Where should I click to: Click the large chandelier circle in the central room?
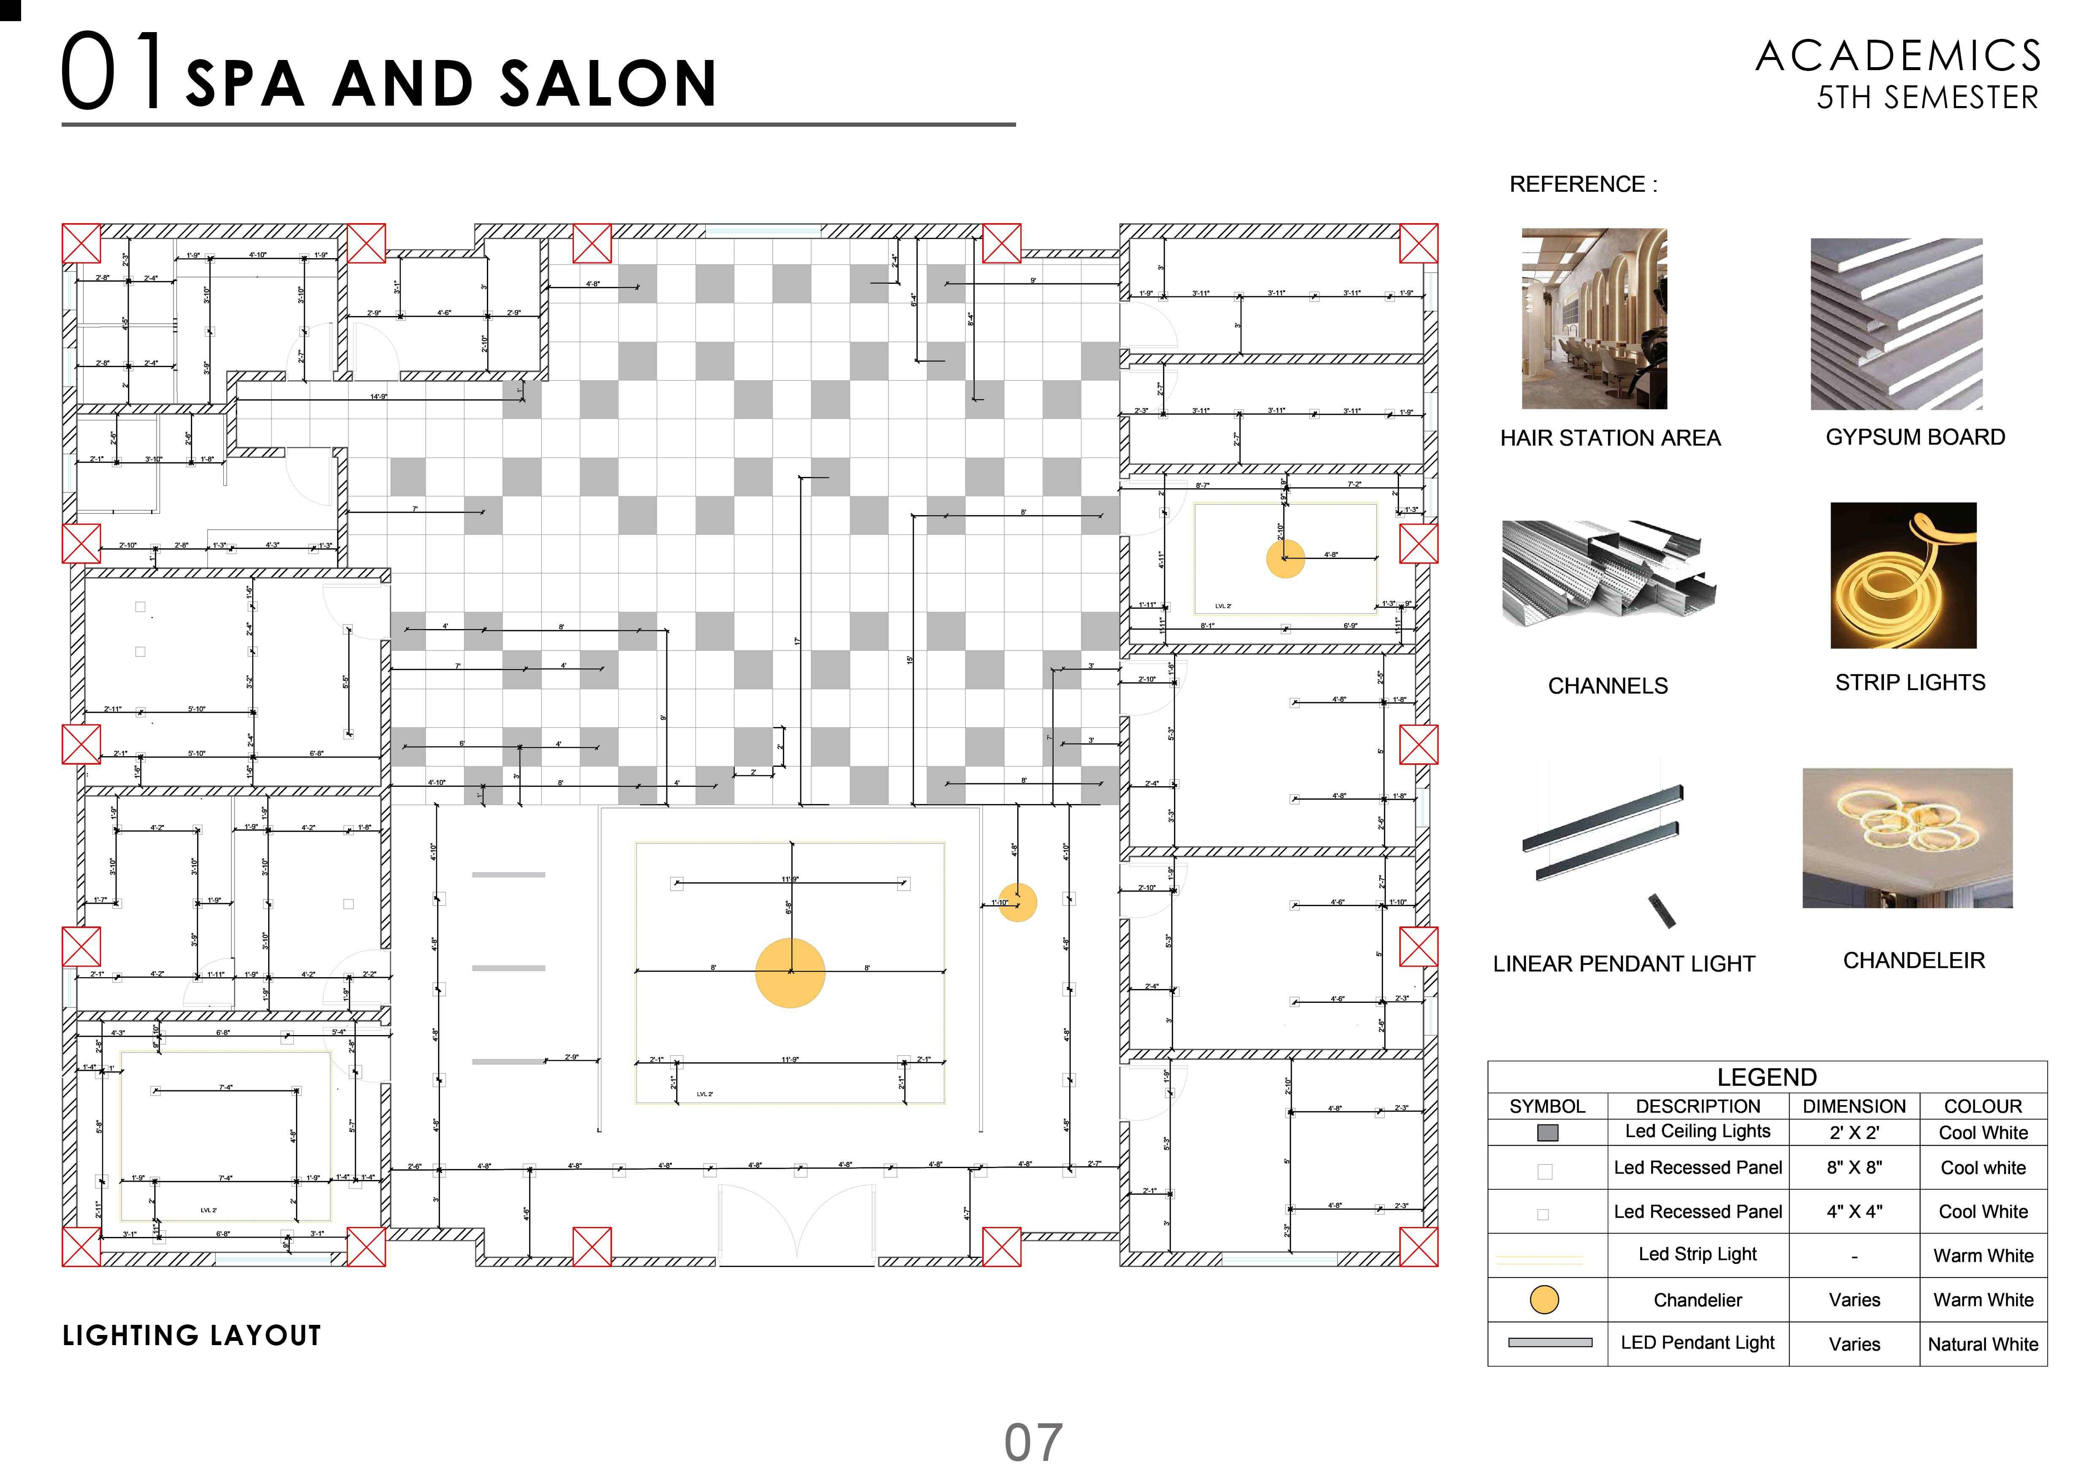pos(790,973)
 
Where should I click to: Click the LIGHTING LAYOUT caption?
pos(192,1336)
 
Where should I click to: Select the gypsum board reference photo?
pos(1896,324)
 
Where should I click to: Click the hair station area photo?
pos(1594,319)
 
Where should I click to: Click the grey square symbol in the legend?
pos(1548,1133)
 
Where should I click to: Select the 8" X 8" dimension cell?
pos(1854,1168)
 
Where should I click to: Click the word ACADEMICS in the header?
pos(1899,57)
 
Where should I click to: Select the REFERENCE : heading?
pos(1583,184)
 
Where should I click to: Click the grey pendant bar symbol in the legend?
pos(1550,1343)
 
